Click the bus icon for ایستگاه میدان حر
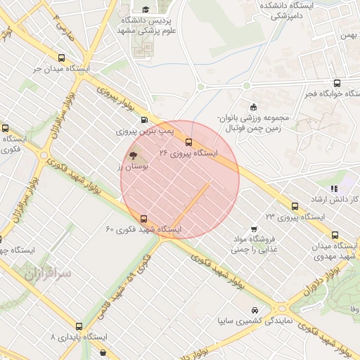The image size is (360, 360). tap(62, 59)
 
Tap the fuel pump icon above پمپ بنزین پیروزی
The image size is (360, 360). tap(144, 120)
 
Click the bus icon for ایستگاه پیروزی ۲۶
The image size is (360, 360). tap(188, 143)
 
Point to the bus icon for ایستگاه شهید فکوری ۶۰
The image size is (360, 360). tap(144, 219)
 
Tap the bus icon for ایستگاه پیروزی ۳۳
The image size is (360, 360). tap(295, 206)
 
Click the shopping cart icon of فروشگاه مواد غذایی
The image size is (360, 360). tap(254, 229)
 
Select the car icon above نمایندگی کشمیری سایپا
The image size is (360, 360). tap(254, 310)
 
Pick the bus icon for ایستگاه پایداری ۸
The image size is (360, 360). tap(79, 326)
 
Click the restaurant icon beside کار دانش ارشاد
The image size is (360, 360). tap(334, 188)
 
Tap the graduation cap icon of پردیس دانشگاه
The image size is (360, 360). tap(146, 9)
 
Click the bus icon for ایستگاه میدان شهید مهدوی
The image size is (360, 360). tap(335, 235)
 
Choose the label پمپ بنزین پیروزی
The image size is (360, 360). tap(144, 131)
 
